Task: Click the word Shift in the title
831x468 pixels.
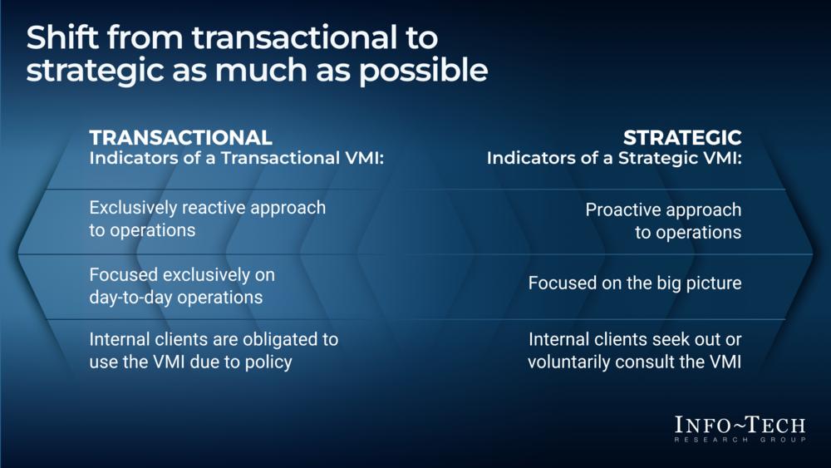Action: [62, 37]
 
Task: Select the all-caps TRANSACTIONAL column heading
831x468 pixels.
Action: [180, 137]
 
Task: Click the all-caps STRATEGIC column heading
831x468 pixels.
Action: [682, 137]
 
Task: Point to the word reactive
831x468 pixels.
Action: [214, 207]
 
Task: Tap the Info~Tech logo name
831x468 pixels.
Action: [740, 425]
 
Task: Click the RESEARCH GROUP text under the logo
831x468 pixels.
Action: [740, 440]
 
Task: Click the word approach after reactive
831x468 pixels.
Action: [288, 209]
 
